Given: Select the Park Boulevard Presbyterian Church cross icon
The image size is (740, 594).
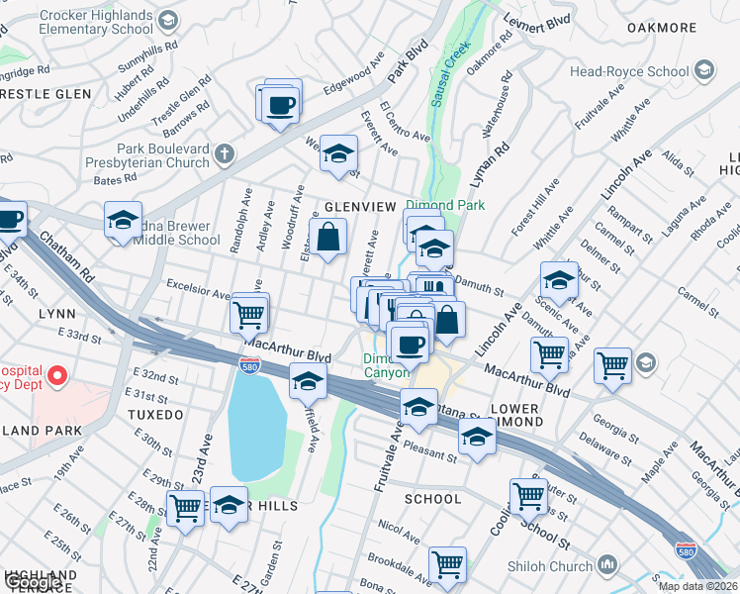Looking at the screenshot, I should tap(226, 152).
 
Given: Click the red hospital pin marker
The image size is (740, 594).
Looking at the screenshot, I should tap(57, 375).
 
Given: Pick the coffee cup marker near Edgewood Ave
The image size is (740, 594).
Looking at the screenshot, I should tap(280, 104).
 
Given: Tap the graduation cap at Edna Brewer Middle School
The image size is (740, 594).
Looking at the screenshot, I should tap(123, 221).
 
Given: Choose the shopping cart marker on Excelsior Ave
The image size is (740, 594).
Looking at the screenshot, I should tap(248, 315).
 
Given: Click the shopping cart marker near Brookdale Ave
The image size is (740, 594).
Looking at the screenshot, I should tap(448, 564).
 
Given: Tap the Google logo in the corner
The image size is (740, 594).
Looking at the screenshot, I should tap(32, 583).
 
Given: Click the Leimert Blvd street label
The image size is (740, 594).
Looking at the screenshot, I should tap(537, 21).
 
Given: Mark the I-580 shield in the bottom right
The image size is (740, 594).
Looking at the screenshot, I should tap(685, 549).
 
